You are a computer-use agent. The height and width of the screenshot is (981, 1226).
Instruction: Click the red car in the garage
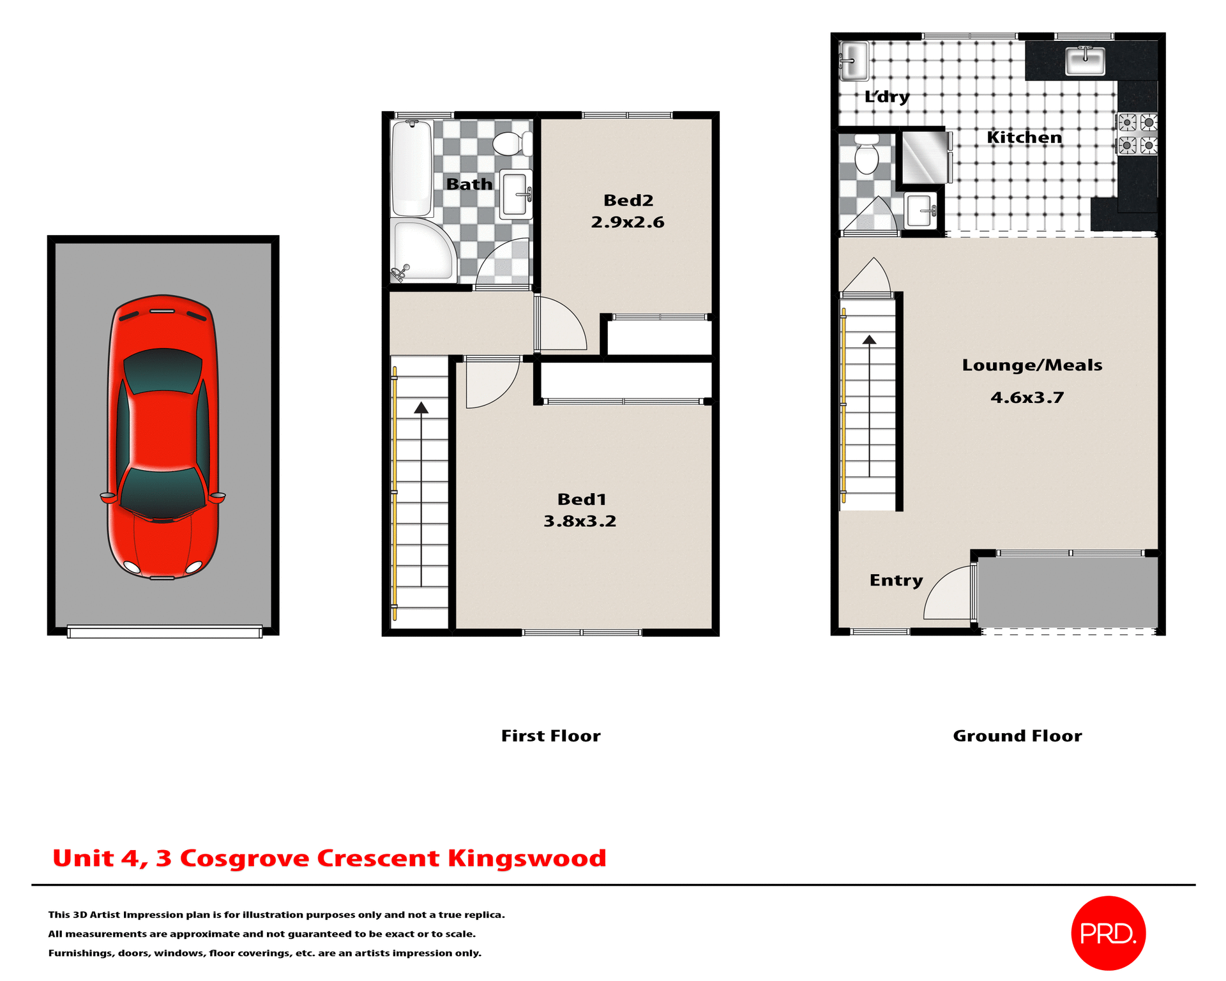click(x=163, y=437)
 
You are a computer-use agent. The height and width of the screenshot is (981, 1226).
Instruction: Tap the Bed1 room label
click(x=581, y=499)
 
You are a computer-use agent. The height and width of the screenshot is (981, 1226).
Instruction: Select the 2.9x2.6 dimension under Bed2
click(x=627, y=222)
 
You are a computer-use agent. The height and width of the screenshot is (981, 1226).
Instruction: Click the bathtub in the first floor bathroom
click(x=412, y=169)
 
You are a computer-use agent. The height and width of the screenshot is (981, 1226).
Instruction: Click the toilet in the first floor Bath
click(x=511, y=144)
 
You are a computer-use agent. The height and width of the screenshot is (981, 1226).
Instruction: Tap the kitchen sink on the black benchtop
click(x=1085, y=62)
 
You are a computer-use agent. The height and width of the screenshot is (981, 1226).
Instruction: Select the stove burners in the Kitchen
click(x=1137, y=133)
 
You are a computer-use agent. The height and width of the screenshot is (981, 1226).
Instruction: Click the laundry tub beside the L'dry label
click(x=854, y=61)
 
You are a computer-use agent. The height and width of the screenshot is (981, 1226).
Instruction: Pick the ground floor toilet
click(x=867, y=155)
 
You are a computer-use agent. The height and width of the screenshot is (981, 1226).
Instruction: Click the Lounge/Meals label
click(x=1032, y=365)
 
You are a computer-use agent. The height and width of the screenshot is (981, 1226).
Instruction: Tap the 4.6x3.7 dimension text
click(x=1027, y=398)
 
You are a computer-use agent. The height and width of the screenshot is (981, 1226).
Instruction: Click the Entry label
click(x=896, y=581)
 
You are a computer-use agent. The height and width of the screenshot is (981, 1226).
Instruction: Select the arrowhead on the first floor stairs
click(x=421, y=408)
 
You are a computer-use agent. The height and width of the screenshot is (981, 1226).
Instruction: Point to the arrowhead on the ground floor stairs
click(x=869, y=340)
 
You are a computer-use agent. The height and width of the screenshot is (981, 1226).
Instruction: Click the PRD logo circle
click(x=1108, y=933)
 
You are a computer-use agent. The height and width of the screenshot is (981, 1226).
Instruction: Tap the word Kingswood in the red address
click(x=527, y=858)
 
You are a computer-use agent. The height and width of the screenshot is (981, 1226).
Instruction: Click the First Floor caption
click(x=550, y=736)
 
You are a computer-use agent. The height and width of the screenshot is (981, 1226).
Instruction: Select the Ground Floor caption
click(x=1017, y=736)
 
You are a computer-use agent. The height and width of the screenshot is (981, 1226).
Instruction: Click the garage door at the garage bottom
click(x=165, y=632)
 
